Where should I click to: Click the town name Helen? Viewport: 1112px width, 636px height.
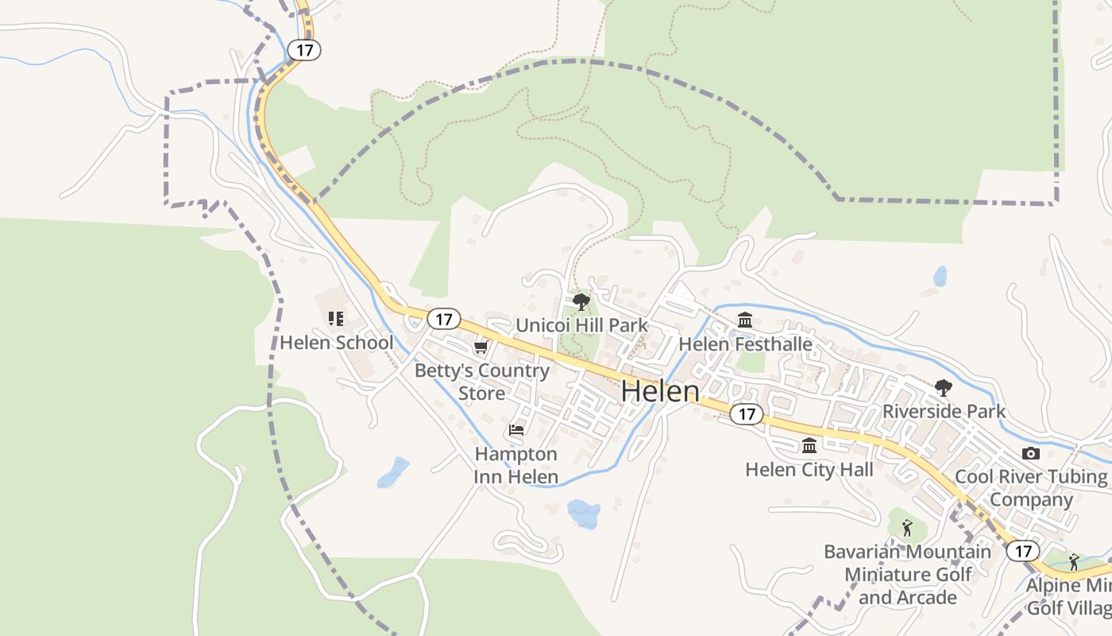click(x=660, y=391)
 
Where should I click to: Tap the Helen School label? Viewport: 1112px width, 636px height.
click(x=336, y=343)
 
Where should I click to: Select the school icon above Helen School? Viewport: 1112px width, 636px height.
click(x=336, y=319)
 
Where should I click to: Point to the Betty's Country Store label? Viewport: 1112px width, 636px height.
click(x=482, y=382)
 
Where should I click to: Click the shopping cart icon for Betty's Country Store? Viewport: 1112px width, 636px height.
click(x=481, y=347)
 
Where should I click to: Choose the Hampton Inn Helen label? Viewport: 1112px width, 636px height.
click(x=516, y=465)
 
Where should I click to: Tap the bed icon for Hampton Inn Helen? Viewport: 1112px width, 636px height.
click(x=516, y=431)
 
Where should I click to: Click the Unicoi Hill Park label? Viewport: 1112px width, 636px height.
click(x=582, y=325)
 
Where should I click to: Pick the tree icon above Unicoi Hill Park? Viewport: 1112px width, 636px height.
click(x=581, y=302)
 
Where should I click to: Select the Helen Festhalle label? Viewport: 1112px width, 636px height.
click(x=745, y=344)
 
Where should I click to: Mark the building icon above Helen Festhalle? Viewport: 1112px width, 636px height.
click(x=745, y=320)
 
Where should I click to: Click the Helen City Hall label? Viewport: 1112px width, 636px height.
click(x=809, y=470)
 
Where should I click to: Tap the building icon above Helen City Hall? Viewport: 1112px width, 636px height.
click(x=809, y=445)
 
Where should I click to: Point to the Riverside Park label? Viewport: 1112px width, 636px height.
click(x=944, y=411)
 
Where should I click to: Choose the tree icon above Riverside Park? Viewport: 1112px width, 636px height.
click(x=944, y=388)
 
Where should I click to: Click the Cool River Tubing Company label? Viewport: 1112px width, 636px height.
click(x=1031, y=488)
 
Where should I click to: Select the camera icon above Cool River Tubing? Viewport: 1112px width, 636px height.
click(x=1031, y=453)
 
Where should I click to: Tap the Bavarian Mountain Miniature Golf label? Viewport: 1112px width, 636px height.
click(x=908, y=574)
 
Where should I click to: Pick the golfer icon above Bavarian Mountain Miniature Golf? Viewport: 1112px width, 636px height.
click(x=907, y=527)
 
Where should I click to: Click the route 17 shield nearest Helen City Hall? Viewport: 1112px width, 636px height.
click(x=747, y=414)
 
